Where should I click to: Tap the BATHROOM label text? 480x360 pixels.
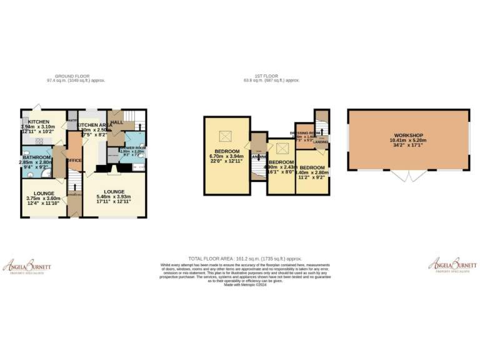click(x=36, y=157)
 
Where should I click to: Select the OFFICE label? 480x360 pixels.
click(x=74, y=161)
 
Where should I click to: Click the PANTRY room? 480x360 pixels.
click(x=72, y=120)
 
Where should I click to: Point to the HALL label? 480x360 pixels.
click(x=117, y=122)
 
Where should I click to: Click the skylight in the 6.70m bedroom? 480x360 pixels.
click(x=224, y=136)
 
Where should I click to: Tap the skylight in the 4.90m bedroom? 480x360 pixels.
click(x=282, y=148)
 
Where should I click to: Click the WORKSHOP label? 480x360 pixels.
click(x=409, y=136)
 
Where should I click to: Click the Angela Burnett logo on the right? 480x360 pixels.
click(x=452, y=265)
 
